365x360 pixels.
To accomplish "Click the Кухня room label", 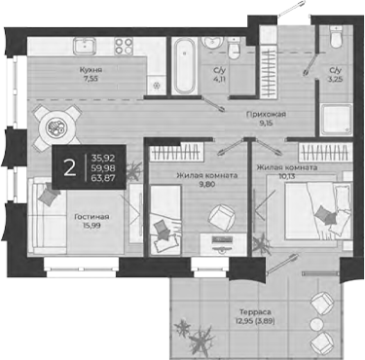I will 92,71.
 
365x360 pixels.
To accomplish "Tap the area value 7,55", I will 92,81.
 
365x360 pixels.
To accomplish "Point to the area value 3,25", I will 336,81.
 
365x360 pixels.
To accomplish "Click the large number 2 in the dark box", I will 69,167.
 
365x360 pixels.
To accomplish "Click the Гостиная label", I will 91,217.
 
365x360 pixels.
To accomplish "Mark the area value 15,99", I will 91,228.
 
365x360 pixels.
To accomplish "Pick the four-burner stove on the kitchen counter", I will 126,46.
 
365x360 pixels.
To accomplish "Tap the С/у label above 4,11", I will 221,71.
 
